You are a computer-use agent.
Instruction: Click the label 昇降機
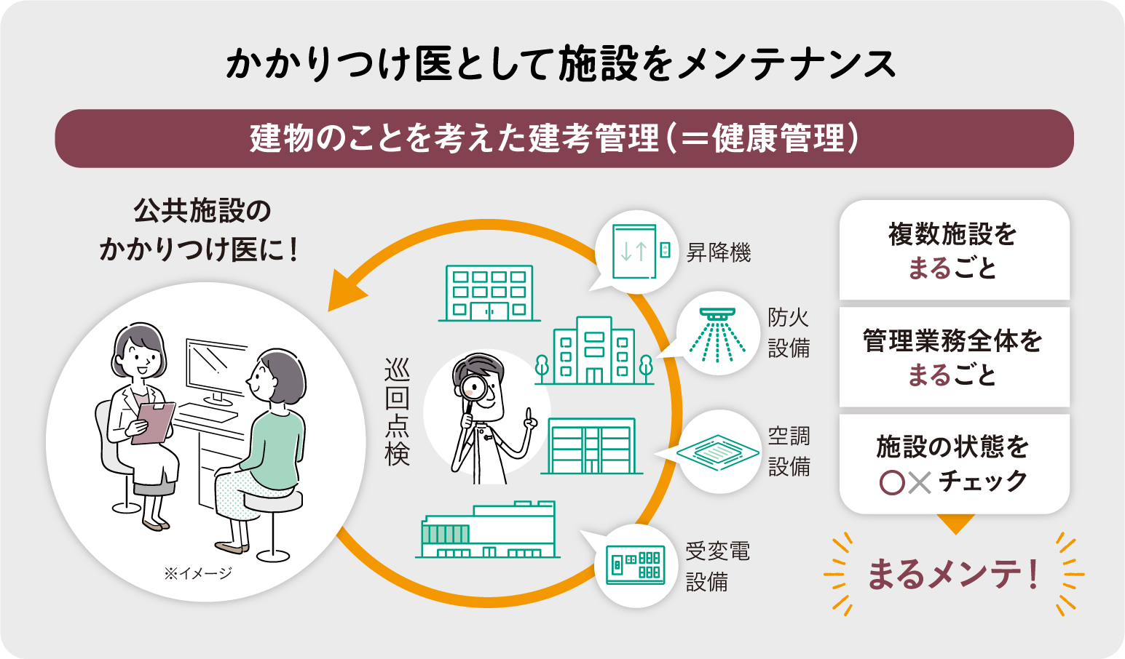coord(719,253)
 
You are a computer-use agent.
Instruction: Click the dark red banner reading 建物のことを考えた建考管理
coord(564,138)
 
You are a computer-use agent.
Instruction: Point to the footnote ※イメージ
coord(197,573)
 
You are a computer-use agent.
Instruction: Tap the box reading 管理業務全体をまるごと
coord(954,356)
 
